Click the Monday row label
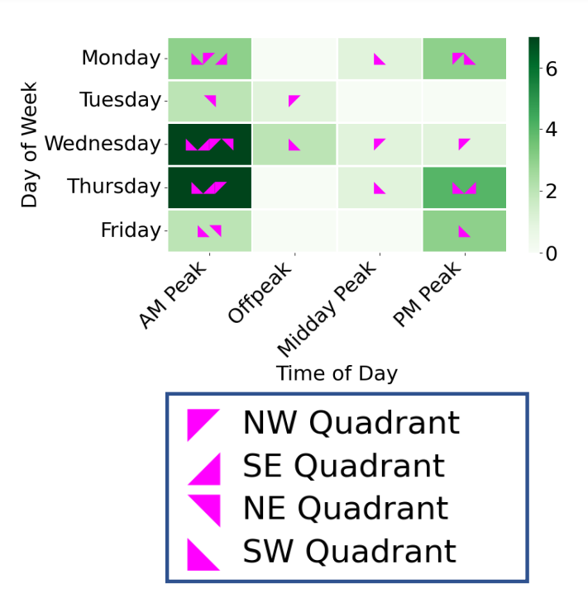pyautogui.click(x=121, y=58)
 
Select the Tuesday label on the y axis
pyautogui.click(x=120, y=101)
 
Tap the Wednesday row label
pyautogui.click(x=103, y=144)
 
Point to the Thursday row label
pyautogui.click(x=114, y=187)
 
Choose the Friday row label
pyautogui.click(x=131, y=230)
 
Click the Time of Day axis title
pyautogui.click(x=337, y=373)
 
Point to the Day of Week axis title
pyautogui.click(x=31, y=144)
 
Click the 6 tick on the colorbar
pyautogui.click(x=552, y=69)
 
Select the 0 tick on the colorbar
pyautogui.click(x=552, y=253)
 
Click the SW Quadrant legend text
pyautogui.click(x=349, y=552)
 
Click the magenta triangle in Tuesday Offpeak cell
pyautogui.click(x=293, y=100)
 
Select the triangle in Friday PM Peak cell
pyautogui.click(x=464, y=230)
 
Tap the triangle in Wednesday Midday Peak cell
pyautogui.click(x=378, y=143)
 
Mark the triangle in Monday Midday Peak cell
pyautogui.click(x=379, y=59)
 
